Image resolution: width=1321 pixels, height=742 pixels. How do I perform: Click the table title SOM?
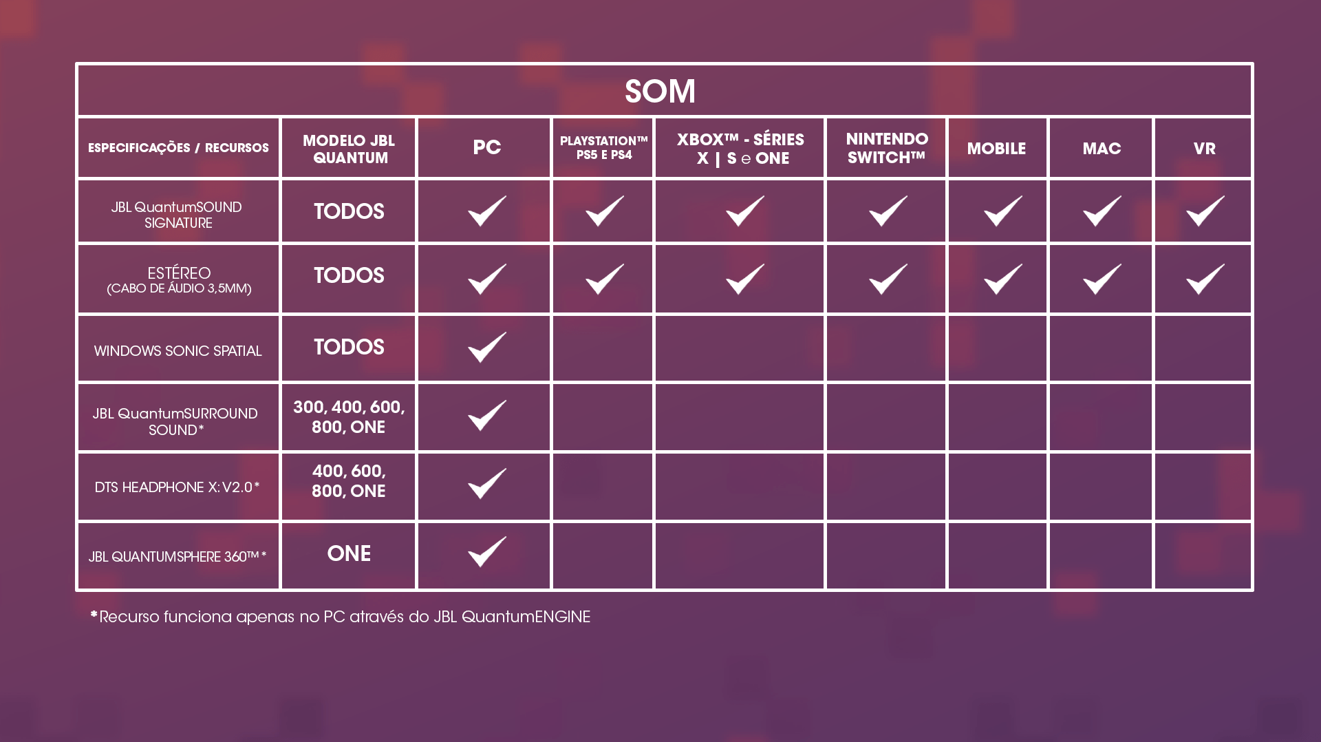pyautogui.click(x=660, y=91)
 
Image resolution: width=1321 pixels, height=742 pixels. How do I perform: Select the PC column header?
pyautogui.click(x=486, y=147)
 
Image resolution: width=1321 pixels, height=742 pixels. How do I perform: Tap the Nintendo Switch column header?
pyautogui.click(x=886, y=148)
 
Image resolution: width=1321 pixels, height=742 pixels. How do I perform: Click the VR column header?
pyautogui.click(x=1204, y=148)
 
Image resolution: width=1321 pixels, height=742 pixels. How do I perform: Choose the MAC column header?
pyautogui.click(x=1102, y=148)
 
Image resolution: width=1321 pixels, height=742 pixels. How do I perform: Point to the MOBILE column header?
pyautogui.click(x=996, y=148)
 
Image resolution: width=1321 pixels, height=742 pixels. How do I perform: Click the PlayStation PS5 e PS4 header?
pyautogui.click(x=603, y=147)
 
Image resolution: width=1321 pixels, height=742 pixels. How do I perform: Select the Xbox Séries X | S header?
pyautogui.click(x=740, y=149)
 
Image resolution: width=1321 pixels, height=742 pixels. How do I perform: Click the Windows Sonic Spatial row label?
pyautogui.click(x=178, y=351)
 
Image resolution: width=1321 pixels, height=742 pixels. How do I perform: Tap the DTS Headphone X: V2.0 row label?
pyautogui.click(x=177, y=487)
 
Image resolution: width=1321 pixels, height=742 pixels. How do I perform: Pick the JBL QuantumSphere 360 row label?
pyautogui.click(x=177, y=556)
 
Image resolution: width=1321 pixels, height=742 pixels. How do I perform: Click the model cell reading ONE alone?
pyautogui.click(x=349, y=553)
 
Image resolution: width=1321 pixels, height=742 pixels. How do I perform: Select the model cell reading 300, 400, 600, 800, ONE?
pyautogui.click(x=349, y=416)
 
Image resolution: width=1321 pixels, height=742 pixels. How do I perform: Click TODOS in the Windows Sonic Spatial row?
pyautogui.click(x=349, y=347)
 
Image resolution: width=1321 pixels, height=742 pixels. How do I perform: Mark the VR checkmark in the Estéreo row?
pyautogui.click(x=1205, y=279)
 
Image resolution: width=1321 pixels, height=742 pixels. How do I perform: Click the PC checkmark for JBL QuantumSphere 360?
pyautogui.click(x=486, y=551)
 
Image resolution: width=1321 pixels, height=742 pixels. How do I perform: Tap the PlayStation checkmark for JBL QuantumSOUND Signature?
pyautogui.click(x=604, y=211)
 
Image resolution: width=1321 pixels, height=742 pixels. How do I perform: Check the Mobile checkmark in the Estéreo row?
pyautogui.click(x=1002, y=279)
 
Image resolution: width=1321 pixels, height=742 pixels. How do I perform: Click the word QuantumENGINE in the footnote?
pyautogui.click(x=526, y=617)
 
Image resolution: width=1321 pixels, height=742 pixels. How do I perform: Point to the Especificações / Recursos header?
pyautogui.click(x=178, y=147)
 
